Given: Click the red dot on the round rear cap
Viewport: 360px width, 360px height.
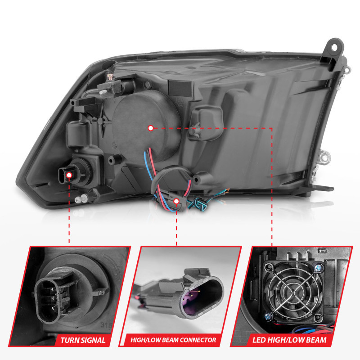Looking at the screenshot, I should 150,128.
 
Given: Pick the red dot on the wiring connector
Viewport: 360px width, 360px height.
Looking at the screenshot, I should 177,201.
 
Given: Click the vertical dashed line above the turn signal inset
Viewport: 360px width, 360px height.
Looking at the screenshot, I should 69,211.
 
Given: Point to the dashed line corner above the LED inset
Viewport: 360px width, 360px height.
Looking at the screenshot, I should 272,128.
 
